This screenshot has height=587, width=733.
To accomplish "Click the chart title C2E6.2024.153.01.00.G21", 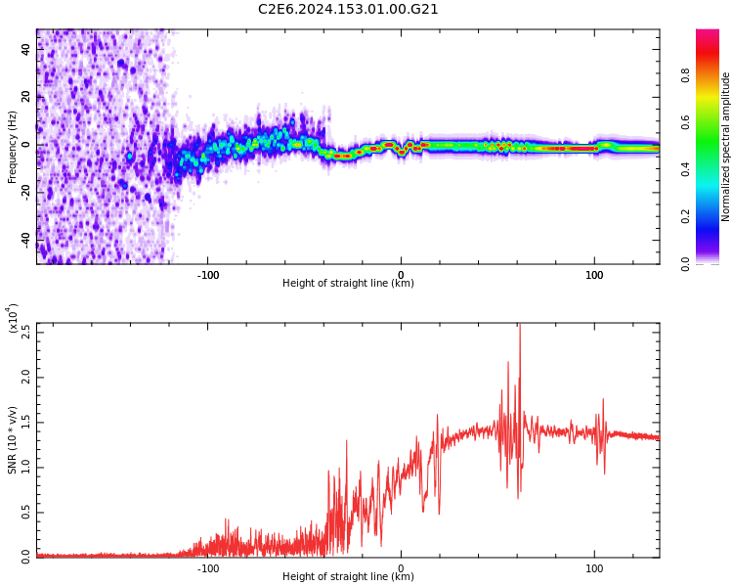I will pyautogui.click(x=348, y=10).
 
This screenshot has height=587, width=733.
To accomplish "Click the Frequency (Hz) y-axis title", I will pyautogui.click(x=13, y=147).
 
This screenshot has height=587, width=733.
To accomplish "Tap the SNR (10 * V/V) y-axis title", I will pyautogui.click(x=13, y=440).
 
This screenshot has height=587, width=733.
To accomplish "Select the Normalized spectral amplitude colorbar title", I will pyautogui.click(x=726, y=147).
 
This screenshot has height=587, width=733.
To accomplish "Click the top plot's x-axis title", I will pyautogui.click(x=348, y=284).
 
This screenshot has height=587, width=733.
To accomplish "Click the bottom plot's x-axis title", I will pyautogui.click(x=348, y=577).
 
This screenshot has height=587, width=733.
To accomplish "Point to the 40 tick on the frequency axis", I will pyautogui.click(x=25, y=49).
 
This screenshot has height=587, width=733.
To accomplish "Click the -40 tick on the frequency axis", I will pyautogui.click(x=25, y=240).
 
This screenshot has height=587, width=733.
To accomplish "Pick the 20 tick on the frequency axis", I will pyautogui.click(x=25, y=97).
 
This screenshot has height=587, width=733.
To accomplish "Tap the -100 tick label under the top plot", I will pyautogui.click(x=207, y=275).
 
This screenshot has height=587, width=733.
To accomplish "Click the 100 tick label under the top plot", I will pyautogui.click(x=594, y=275).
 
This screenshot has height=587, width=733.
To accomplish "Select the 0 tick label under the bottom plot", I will pyautogui.click(x=401, y=568).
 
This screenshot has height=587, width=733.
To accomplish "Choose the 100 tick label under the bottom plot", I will pyautogui.click(x=594, y=568).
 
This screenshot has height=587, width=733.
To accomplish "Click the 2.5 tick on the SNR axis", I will pyautogui.click(x=25, y=333).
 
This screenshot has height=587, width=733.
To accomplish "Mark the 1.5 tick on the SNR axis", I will pyautogui.click(x=25, y=423).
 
